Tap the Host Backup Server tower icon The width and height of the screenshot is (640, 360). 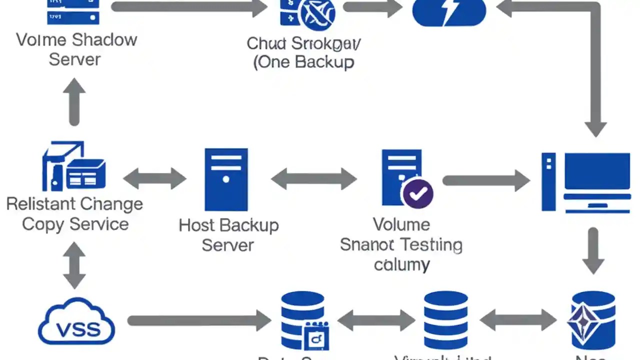[x=226, y=179]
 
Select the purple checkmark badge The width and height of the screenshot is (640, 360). [x=417, y=193]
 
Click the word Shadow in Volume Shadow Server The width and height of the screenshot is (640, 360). [x=104, y=39]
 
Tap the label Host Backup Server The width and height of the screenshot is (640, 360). [x=228, y=234]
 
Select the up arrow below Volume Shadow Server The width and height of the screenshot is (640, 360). [x=74, y=102]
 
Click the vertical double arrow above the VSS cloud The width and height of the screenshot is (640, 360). [x=74, y=265]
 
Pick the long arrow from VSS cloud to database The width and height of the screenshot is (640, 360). [x=199, y=320]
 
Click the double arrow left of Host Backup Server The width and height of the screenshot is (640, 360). [x=154, y=178]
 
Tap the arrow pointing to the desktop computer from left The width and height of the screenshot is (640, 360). [x=485, y=180]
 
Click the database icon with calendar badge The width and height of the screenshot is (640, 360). [x=303, y=320]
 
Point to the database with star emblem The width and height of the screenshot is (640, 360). [x=592, y=320]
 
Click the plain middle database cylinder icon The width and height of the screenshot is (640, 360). [x=445, y=320]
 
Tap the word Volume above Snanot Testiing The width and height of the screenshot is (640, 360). [x=401, y=224]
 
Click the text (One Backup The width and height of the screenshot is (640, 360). [x=303, y=62]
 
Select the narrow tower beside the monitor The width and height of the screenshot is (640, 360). [x=548, y=181]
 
